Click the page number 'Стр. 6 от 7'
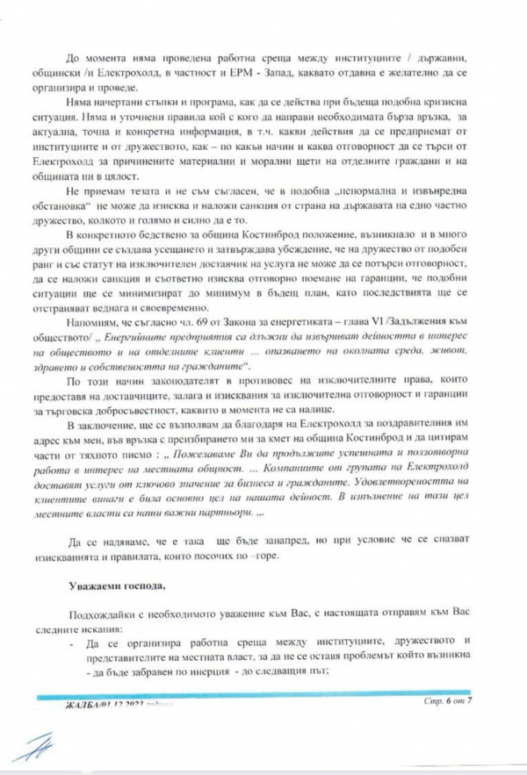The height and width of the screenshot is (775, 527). [447, 703]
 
